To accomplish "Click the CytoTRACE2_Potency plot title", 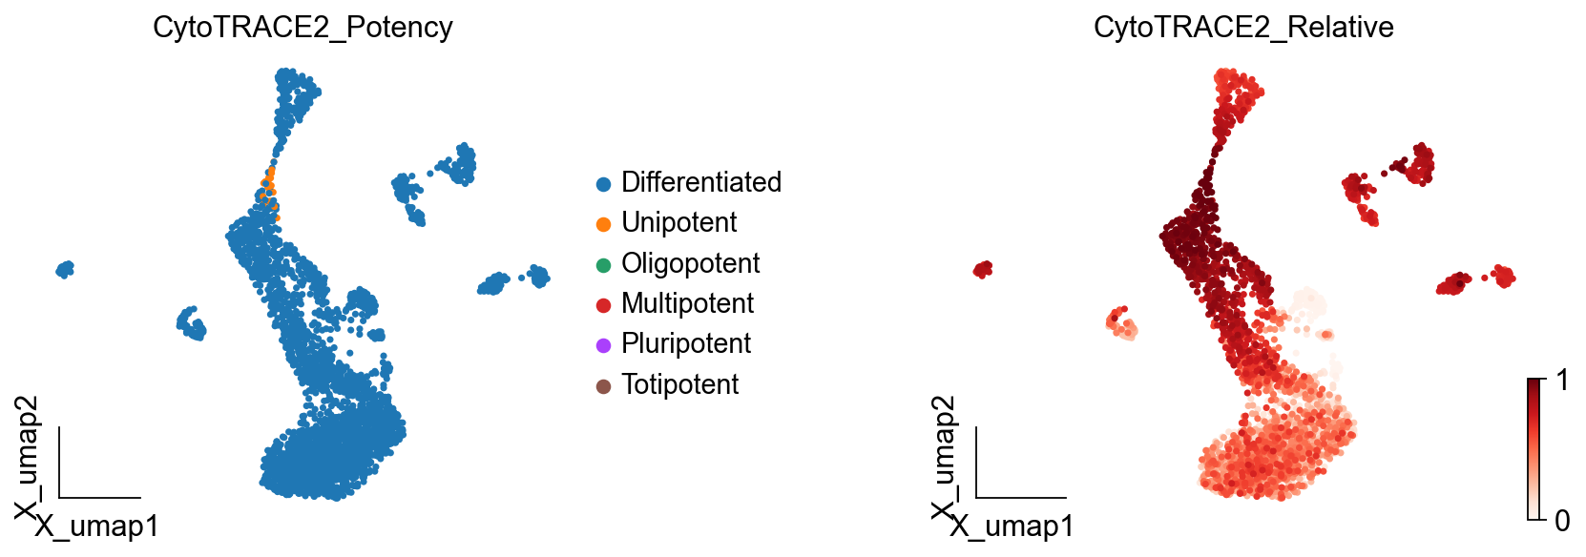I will [303, 28].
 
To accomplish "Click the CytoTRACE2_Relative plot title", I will [1242, 28].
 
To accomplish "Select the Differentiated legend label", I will [700, 182].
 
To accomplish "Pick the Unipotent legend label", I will [678, 222].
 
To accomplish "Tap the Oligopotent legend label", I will [690, 263].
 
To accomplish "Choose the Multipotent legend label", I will [687, 303].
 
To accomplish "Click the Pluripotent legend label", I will [685, 343].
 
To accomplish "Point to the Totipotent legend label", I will [679, 384].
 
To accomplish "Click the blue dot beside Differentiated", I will [603, 184].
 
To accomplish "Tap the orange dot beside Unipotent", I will [603, 224].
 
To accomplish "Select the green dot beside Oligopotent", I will [603, 265].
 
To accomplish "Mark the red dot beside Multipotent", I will [603, 305].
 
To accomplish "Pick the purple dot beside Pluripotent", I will [603, 345].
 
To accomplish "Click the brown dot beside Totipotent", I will [603, 386].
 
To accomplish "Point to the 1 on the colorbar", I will [1561, 381].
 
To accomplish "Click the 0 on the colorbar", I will [1561, 521].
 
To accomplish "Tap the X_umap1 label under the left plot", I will [97, 526].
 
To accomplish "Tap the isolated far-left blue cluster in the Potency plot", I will [65, 270].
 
